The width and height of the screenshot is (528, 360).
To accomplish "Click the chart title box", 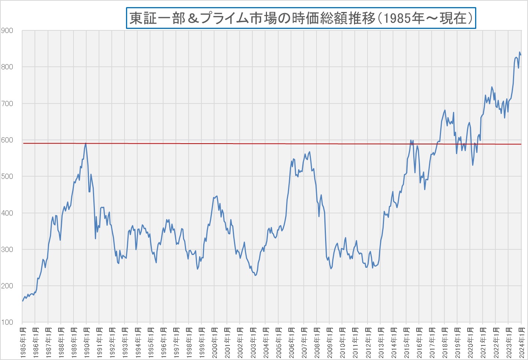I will tap(301, 18).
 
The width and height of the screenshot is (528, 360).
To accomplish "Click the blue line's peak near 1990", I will tap(86, 143).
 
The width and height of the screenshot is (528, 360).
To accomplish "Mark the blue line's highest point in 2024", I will tap(520, 52).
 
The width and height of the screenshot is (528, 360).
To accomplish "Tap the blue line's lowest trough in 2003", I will tap(255, 276).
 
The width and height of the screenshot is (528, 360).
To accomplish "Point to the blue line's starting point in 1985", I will tap(22, 301).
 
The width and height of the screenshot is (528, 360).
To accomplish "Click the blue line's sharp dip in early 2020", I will tap(473, 165).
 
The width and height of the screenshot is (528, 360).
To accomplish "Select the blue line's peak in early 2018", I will tap(445, 110).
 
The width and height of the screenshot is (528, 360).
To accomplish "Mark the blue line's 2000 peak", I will tap(217, 196).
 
